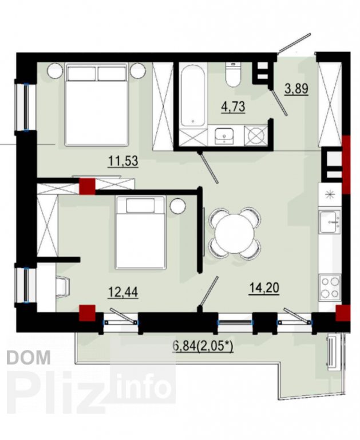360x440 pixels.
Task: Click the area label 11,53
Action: click(123, 162)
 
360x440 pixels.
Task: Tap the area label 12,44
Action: click(123, 292)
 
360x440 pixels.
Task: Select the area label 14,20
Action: click(264, 288)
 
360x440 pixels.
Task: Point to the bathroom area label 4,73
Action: click(234, 107)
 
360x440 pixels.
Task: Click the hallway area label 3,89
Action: click(296, 89)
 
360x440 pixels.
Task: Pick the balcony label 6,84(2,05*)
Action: click(203, 347)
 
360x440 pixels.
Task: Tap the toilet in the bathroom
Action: click(234, 74)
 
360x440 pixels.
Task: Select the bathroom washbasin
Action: click(224, 136)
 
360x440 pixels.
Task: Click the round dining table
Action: click(235, 233)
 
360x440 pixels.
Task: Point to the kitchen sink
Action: click(330, 222)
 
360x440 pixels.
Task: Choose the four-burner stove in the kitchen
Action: click(330, 287)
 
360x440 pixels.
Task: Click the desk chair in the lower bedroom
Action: click(62, 286)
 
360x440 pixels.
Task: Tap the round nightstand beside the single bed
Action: click(178, 206)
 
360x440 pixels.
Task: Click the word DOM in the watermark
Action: click(28, 357)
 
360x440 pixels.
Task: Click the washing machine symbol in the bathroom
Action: click(255, 136)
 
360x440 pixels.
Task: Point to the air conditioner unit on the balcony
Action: click(332, 352)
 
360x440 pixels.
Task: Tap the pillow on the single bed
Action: click(140, 205)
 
